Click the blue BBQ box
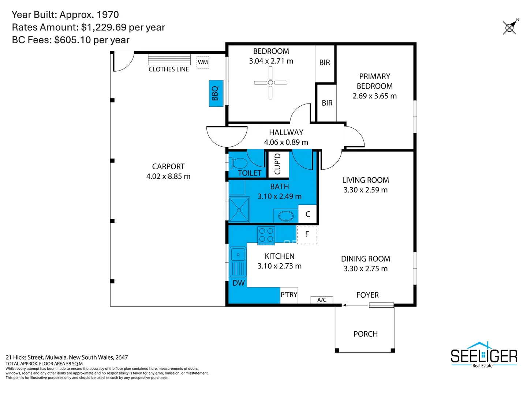coord(216,93)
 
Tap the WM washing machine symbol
coord(203,62)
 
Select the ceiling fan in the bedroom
coord(270,83)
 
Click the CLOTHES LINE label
coord(169,69)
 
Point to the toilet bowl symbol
coord(239,163)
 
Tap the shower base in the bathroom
coord(239,210)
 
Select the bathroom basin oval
coord(285,216)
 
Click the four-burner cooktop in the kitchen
coord(266,235)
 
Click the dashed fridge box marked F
coord(307,234)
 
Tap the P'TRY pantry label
coord(289,295)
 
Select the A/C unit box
coord(322,300)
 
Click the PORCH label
coord(365,334)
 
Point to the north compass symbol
coord(510,27)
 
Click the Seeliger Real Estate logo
coord(483,355)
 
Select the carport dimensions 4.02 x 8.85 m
coord(168,176)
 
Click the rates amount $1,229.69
coord(104,27)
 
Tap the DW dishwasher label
coord(238,283)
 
